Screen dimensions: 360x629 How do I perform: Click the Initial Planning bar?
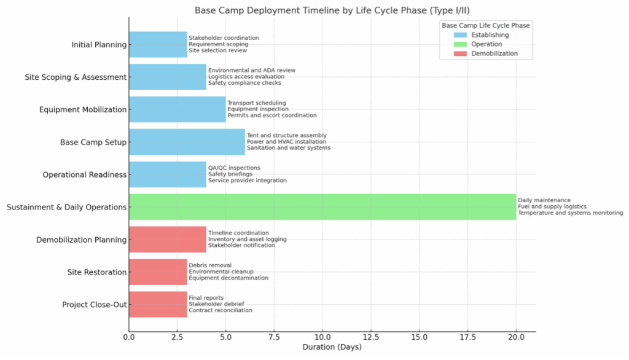tap(158, 45)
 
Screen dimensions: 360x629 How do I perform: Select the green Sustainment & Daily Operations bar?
tap(322, 207)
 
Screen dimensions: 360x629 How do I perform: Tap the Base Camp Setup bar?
tap(187, 142)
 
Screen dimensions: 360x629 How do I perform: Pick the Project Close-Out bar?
tap(158, 305)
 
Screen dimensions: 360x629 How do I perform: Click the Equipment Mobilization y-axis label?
tap(82, 110)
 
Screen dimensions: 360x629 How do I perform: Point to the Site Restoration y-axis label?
tap(97, 272)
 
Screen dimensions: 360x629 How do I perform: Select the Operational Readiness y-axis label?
tap(84, 175)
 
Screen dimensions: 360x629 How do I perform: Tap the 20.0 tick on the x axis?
tap(516, 337)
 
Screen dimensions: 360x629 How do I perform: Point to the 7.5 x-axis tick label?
tap(274, 337)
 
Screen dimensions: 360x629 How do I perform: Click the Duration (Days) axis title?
tap(332, 348)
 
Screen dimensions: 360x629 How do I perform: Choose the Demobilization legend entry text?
tap(494, 53)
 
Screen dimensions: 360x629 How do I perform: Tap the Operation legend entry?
tap(486, 44)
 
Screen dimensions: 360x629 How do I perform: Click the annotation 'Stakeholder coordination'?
tap(224, 38)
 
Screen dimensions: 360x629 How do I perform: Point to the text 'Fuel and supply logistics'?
tap(552, 207)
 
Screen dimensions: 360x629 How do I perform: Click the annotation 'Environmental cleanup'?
tap(221, 272)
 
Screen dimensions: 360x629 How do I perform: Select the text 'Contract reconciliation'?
tap(220, 311)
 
